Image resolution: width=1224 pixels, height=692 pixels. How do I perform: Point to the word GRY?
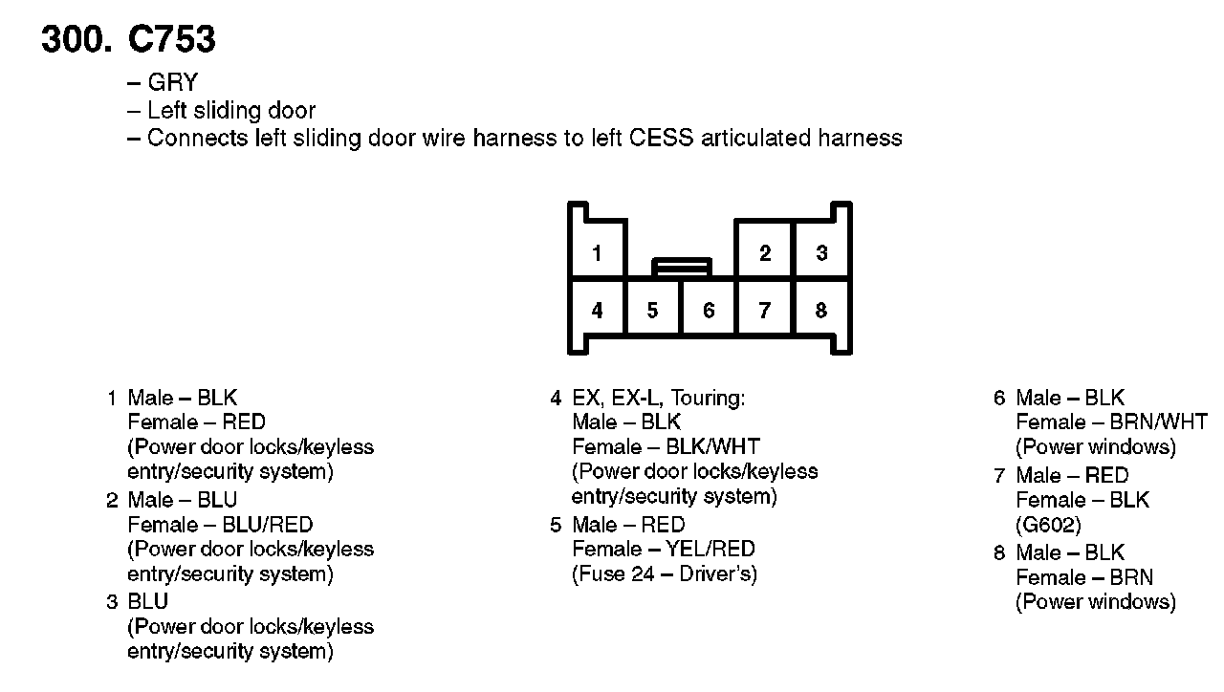pyautogui.click(x=172, y=83)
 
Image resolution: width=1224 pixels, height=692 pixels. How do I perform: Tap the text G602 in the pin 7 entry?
pyautogui.click(x=1048, y=525)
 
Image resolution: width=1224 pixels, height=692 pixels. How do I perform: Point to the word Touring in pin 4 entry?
pyautogui.click(x=708, y=398)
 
